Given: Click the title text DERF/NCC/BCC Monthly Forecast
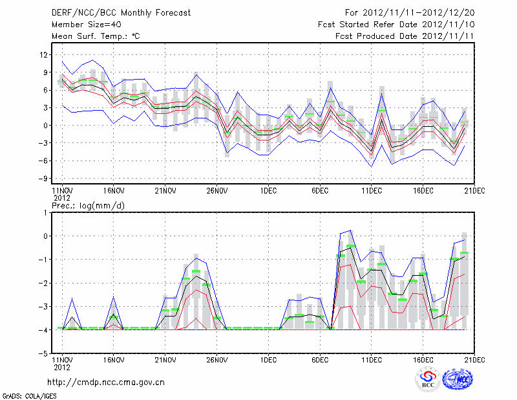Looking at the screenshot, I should [121, 12].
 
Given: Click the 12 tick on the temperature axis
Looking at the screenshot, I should [44, 54].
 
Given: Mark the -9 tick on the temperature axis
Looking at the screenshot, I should [44, 179].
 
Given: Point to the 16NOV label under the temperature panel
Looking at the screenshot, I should [114, 190].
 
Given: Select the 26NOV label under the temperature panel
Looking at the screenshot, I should [217, 190].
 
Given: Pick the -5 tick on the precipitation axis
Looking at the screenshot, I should [44, 354].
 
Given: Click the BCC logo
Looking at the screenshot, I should [428, 380].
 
